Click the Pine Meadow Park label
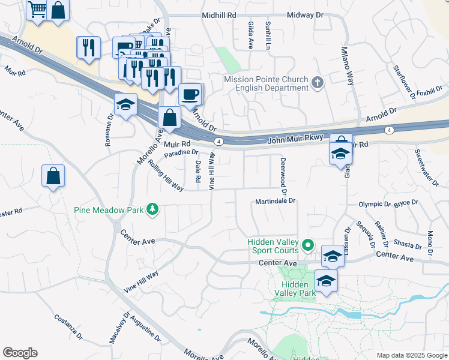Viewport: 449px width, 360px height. pos(109,210)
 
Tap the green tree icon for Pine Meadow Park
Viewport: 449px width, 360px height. pos(153,209)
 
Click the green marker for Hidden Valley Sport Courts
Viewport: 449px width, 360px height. pos(308,245)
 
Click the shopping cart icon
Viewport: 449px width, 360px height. pos(37,10)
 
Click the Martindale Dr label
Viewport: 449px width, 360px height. pos(276,201)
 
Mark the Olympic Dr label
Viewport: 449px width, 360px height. pos(375,204)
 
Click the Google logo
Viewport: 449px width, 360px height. pos(20,353)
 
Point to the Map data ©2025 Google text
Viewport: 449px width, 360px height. pos(411,355)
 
